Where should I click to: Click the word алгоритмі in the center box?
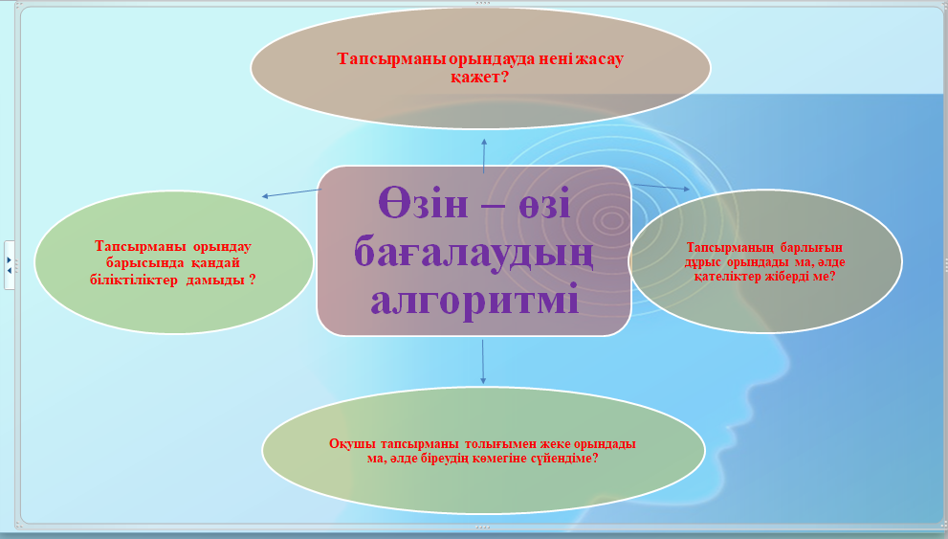474,300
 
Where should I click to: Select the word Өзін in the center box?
423,203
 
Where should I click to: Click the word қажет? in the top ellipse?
480,78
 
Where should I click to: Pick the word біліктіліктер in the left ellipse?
134,280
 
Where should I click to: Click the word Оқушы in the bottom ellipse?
347,444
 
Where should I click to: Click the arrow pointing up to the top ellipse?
484,155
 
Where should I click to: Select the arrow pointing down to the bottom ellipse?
482,362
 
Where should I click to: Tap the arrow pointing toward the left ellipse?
292,193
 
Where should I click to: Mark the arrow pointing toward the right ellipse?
661,187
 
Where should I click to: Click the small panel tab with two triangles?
9,265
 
